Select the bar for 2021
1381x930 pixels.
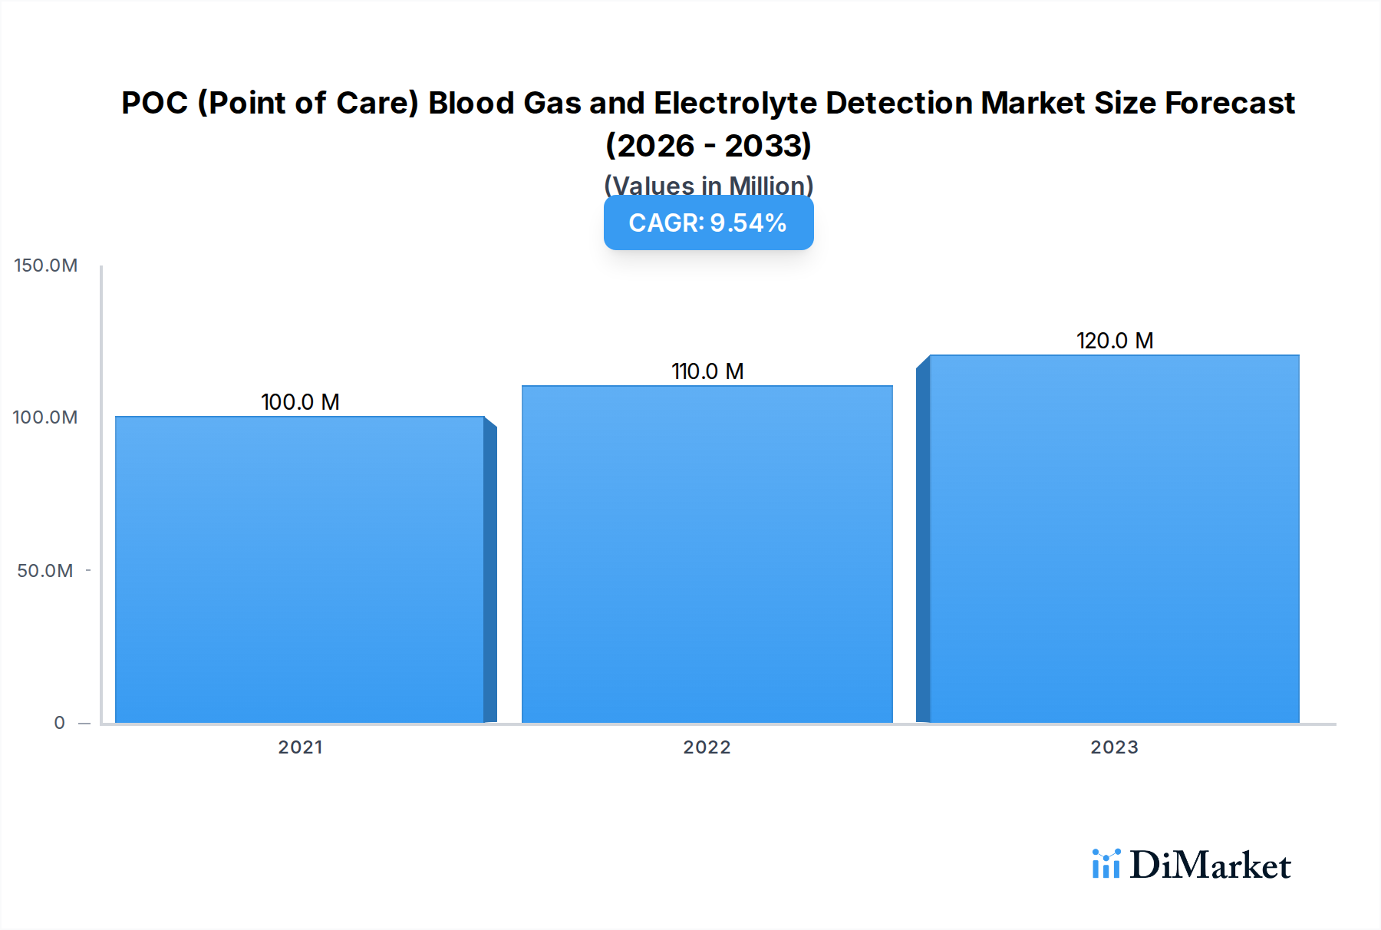coord(299,569)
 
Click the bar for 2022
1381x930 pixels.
coord(707,554)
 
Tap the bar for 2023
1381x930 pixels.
coord(1114,539)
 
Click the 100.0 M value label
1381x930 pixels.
coord(300,402)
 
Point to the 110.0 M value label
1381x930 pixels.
coord(707,371)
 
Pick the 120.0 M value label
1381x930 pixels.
coord(1115,341)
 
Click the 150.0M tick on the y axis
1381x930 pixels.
coord(46,265)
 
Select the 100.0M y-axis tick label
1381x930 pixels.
coord(45,417)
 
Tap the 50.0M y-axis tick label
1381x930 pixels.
coord(45,571)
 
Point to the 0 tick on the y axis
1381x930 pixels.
coord(59,723)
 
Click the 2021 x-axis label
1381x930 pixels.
coord(300,747)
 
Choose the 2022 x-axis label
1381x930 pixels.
coord(707,747)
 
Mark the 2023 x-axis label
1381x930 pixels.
coord(1114,747)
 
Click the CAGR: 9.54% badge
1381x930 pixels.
coord(708,223)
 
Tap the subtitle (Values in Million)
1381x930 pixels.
coord(708,185)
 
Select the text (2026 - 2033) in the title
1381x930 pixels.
coord(708,146)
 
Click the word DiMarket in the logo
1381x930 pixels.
coord(1210,866)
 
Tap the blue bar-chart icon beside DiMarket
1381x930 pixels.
coord(1106,864)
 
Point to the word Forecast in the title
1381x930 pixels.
coord(1229,104)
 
